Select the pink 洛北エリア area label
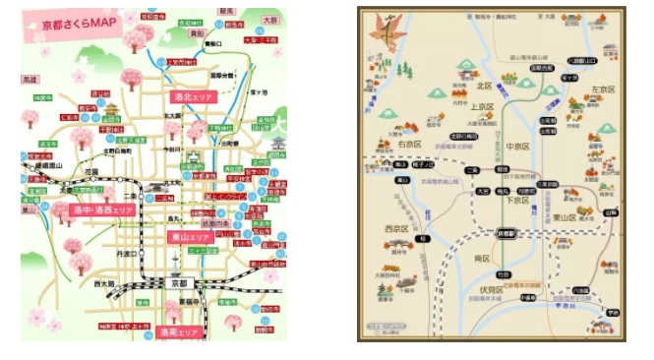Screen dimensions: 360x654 pos(193,97)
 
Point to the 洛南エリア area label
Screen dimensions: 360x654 pos(178,331)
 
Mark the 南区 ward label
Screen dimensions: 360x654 pos(482,258)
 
